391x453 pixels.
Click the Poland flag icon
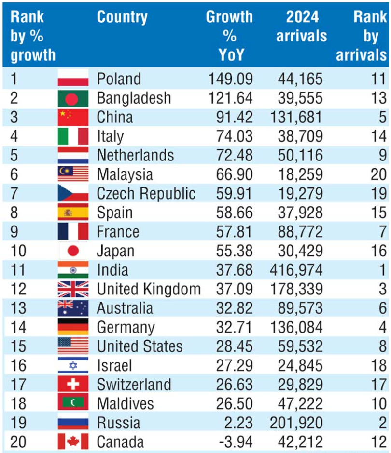(73, 79)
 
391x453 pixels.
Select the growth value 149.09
(230, 79)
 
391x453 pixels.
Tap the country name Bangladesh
(134, 98)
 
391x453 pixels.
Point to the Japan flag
(73, 251)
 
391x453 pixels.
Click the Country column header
(122, 17)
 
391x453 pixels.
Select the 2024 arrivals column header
(301, 27)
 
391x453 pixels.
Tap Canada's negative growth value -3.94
(234, 441)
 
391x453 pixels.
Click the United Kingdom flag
(73, 289)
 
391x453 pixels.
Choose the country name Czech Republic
(146, 193)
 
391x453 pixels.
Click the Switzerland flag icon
(73, 384)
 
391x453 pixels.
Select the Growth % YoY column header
(229, 36)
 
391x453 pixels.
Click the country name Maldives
(125, 403)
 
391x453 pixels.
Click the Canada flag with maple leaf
(73, 441)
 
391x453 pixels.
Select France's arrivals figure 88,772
(300, 231)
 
